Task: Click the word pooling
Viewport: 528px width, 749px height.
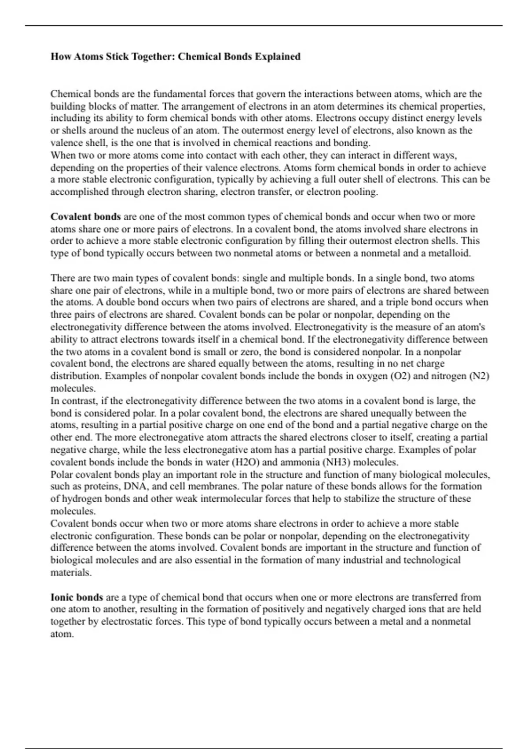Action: [x=361, y=192]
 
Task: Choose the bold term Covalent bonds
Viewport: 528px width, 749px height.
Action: [x=85, y=216]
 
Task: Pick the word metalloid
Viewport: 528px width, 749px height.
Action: [x=450, y=253]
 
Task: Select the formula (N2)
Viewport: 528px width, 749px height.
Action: [x=479, y=376]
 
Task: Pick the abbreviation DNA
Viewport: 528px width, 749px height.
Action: [x=136, y=486]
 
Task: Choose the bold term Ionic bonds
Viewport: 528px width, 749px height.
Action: [x=77, y=597]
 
